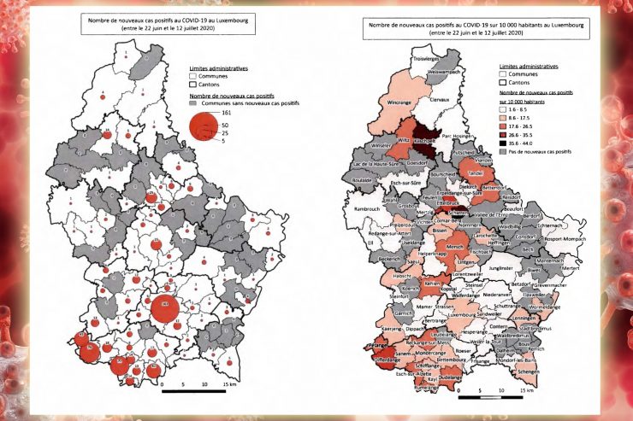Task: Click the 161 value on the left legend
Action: (x=227, y=113)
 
